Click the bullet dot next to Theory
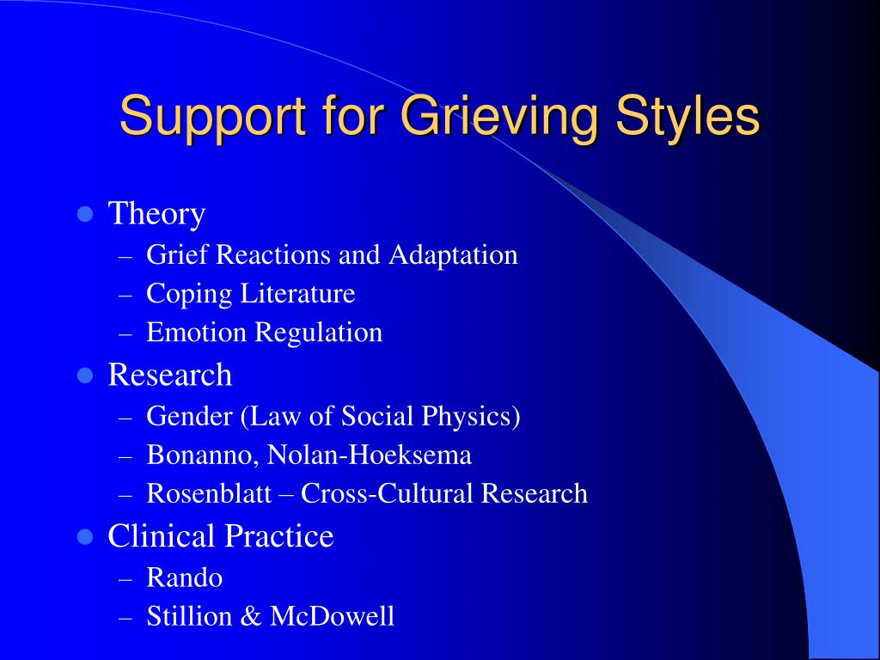(x=84, y=213)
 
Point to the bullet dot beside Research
(x=84, y=375)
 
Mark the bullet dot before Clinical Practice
(x=84, y=537)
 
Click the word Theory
(x=156, y=214)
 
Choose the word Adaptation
(x=453, y=255)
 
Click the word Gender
(x=190, y=417)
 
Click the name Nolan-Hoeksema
(x=370, y=455)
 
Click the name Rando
(x=184, y=577)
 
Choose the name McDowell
(x=332, y=616)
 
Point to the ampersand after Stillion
(x=250, y=616)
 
